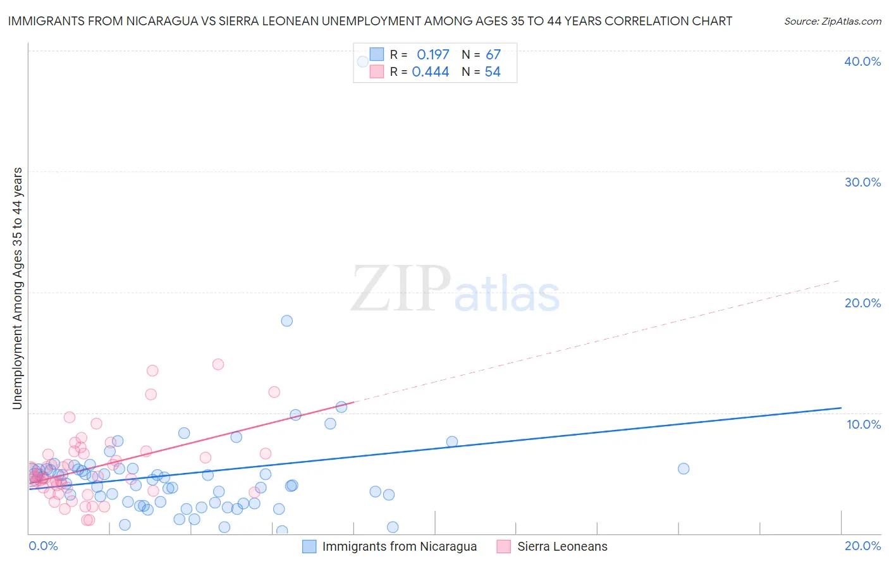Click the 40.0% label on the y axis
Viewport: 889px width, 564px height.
pyautogui.click(x=862, y=61)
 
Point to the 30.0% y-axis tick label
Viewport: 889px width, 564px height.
pyautogui.click(x=862, y=182)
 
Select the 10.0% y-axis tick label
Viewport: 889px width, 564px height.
pyautogui.click(x=864, y=424)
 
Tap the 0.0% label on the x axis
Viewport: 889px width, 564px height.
pyautogui.click(x=43, y=546)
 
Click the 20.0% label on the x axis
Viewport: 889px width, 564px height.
pyautogui.click(x=862, y=546)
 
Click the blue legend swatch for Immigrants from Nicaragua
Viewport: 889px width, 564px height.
pyautogui.click(x=309, y=546)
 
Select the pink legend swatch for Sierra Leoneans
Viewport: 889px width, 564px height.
pyautogui.click(x=504, y=546)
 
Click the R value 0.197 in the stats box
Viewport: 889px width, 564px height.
pyautogui.click(x=432, y=54)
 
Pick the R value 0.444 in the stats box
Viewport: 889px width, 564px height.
pyautogui.click(x=430, y=72)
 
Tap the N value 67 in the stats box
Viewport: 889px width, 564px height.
pyautogui.click(x=493, y=54)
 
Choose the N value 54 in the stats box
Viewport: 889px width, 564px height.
pyautogui.click(x=493, y=72)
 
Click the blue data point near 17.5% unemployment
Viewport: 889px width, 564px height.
pyautogui.click(x=286, y=321)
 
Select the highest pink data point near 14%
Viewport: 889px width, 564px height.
pyautogui.click(x=218, y=364)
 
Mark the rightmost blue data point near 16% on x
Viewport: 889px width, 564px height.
pyautogui.click(x=684, y=469)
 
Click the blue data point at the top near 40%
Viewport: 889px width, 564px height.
pyautogui.click(x=363, y=61)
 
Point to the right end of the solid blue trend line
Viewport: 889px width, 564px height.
pyautogui.click(x=841, y=408)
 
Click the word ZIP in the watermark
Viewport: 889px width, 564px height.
pyautogui.click(x=401, y=290)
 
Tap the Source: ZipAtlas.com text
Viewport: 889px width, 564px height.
pyautogui.click(x=833, y=21)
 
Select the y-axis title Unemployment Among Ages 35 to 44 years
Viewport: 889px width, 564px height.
pyautogui.click(x=17, y=288)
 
